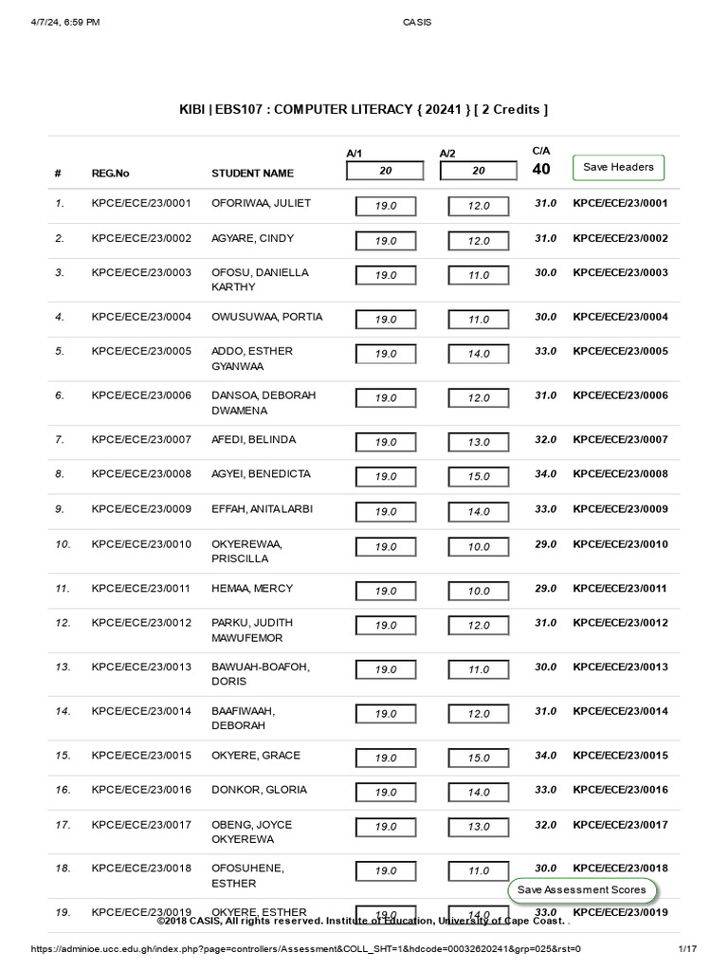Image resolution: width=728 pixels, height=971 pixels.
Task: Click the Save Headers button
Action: pos(618,168)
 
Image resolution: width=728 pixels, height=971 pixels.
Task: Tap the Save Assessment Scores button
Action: pos(582,889)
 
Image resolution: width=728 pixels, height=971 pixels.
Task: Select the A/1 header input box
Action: pos(385,171)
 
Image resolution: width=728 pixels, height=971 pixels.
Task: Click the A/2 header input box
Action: pos(478,171)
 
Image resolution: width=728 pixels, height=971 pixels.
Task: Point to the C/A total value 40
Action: pos(541,170)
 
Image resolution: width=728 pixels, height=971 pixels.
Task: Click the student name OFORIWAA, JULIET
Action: pos(261,203)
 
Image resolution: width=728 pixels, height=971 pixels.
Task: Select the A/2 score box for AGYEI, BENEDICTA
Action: pos(478,477)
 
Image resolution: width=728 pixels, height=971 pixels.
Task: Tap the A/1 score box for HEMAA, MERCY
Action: pos(385,591)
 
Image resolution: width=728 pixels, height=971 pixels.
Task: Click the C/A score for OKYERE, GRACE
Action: pos(545,756)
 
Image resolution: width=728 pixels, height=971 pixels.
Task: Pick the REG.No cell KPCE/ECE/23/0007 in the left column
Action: pos(141,440)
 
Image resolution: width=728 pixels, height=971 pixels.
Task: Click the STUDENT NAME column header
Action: pos(252,174)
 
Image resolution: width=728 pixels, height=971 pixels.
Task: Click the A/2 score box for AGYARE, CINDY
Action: pos(478,241)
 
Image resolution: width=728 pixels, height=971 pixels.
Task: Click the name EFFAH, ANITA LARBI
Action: pos(262,509)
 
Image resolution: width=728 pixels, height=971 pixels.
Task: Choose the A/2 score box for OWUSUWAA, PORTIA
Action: pos(478,320)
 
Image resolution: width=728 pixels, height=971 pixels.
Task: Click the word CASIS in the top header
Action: pos(416,22)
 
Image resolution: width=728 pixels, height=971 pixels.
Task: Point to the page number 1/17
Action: pos(687,948)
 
